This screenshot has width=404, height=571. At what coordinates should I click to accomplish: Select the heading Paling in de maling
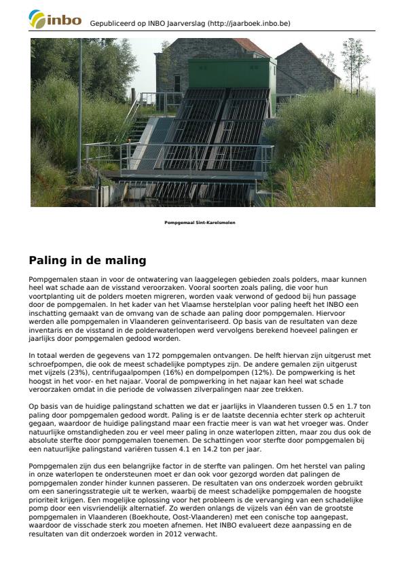(x=88, y=260)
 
